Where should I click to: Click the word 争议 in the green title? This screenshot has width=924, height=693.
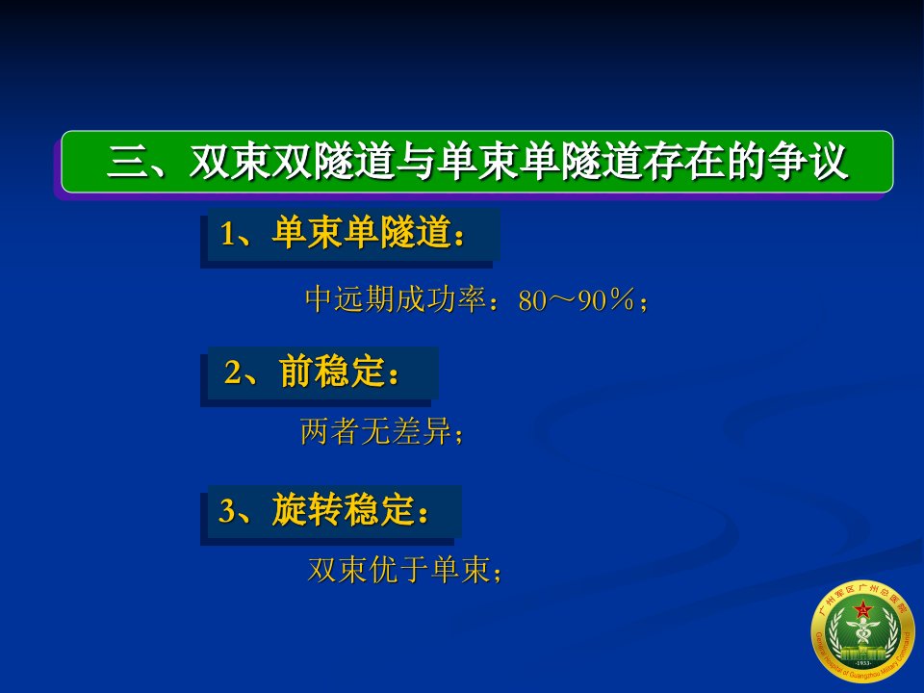[x=808, y=161]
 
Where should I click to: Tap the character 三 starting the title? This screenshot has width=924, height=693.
[x=127, y=162]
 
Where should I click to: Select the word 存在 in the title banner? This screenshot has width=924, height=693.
[x=684, y=161]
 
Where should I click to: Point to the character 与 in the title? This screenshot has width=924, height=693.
[x=417, y=161]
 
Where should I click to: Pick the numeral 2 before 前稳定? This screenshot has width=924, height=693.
[x=233, y=373]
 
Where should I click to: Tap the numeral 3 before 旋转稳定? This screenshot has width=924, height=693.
[x=227, y=511]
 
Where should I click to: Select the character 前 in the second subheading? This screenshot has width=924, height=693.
[x=295, y=372]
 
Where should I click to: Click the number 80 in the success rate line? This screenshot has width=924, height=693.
[x=532, y=301]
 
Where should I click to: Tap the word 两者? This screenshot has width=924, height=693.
[x=329, y=431]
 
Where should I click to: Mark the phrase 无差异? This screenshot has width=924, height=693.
[x=405, y=431]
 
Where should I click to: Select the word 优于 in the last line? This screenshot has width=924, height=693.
[x=398, y=569]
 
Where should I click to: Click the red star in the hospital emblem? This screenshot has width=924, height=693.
[x=863, y=609]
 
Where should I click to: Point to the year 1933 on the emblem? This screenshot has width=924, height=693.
[x=862, y=663]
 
